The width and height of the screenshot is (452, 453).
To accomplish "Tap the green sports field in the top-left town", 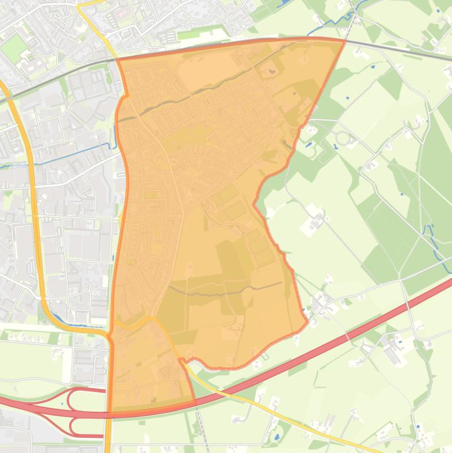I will [13, 47].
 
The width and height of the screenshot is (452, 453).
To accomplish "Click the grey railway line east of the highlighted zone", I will [400, 50].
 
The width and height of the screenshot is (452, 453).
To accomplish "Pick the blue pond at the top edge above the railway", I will [284, 4].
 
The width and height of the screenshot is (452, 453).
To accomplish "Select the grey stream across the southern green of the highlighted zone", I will [229, 291].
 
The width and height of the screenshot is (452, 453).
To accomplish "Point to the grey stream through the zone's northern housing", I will [194, 94].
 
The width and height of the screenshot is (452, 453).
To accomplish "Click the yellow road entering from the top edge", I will [91, 18].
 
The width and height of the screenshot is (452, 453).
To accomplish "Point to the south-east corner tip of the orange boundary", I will [307, 322].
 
